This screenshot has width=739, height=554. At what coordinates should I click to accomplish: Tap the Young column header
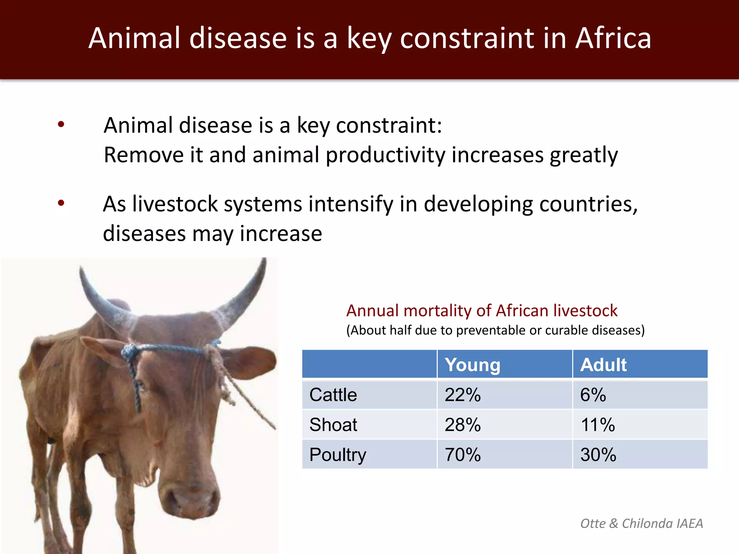pyautogui.click(x=472, y=365)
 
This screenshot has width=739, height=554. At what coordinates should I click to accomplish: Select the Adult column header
pyautogui.click(x=603, y=365)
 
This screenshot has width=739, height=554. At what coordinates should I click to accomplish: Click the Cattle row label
pyautogui.click(x=333, y=395)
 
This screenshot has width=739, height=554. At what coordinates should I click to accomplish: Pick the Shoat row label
pyautogui.click(x=333, y=425)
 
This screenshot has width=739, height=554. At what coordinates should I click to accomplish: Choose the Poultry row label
pyautogui.click(x=337, y=454)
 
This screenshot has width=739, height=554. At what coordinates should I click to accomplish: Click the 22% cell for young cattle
pyautogui.click(x=463, y=395)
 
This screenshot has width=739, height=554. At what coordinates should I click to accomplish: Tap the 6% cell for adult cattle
pyautogui.click(x=593, y=395)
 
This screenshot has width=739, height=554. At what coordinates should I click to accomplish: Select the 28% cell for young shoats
pyautogui.click(x=463, y=425)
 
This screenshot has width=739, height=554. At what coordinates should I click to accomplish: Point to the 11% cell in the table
pyautogui.click(x=598, y=425)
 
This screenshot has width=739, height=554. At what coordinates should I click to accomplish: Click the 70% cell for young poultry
pyautogui.click(x=463, y=454)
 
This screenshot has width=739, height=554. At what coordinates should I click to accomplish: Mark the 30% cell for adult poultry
pyautogui.click(x=598, y=454)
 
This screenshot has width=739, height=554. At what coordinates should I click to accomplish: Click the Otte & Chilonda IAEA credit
pyautogui.click(x=641, y=523)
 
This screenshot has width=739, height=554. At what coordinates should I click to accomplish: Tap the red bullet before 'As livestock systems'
pyautogui.click(x=61, y=203)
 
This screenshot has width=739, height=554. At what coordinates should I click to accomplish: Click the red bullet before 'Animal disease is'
pyautogui.click(x=61, y=124)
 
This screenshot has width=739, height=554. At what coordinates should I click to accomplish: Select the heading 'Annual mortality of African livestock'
pyautogui.click(x=482, y=311)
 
